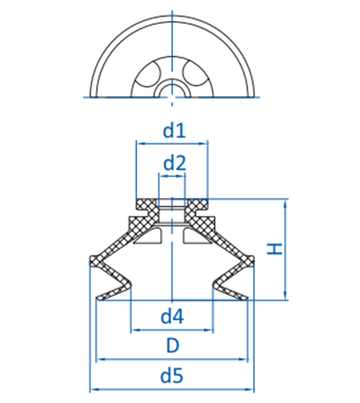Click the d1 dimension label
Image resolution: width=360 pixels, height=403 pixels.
tap(174, 131)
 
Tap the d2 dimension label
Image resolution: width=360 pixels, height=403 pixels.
tap(174, 163)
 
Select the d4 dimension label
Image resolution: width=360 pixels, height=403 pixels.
tap(172, 316)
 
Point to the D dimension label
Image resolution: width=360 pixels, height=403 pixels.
tap(172, 346)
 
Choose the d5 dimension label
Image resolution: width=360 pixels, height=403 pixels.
tap(171, 376)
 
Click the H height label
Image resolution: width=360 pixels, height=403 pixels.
tap(275, 250)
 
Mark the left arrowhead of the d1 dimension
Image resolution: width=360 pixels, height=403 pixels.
tap(141, 143)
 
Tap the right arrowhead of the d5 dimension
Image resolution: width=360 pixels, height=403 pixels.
tap(250, 389)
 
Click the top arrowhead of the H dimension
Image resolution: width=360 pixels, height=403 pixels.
tap(285, 203)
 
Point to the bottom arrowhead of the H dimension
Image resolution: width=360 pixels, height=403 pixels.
tap(285, 296)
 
